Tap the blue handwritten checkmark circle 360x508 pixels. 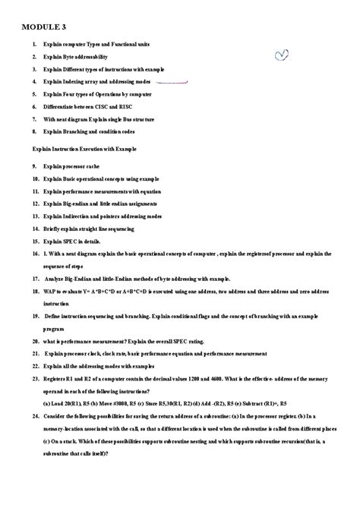[x=282, y=54]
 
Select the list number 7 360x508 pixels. [x=34, y=119]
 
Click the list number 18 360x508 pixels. [x=35, y=289]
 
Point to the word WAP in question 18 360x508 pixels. [x=50, y=289]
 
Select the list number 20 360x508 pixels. [x=35, y=342]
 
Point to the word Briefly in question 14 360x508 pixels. [x=52, y=228]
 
